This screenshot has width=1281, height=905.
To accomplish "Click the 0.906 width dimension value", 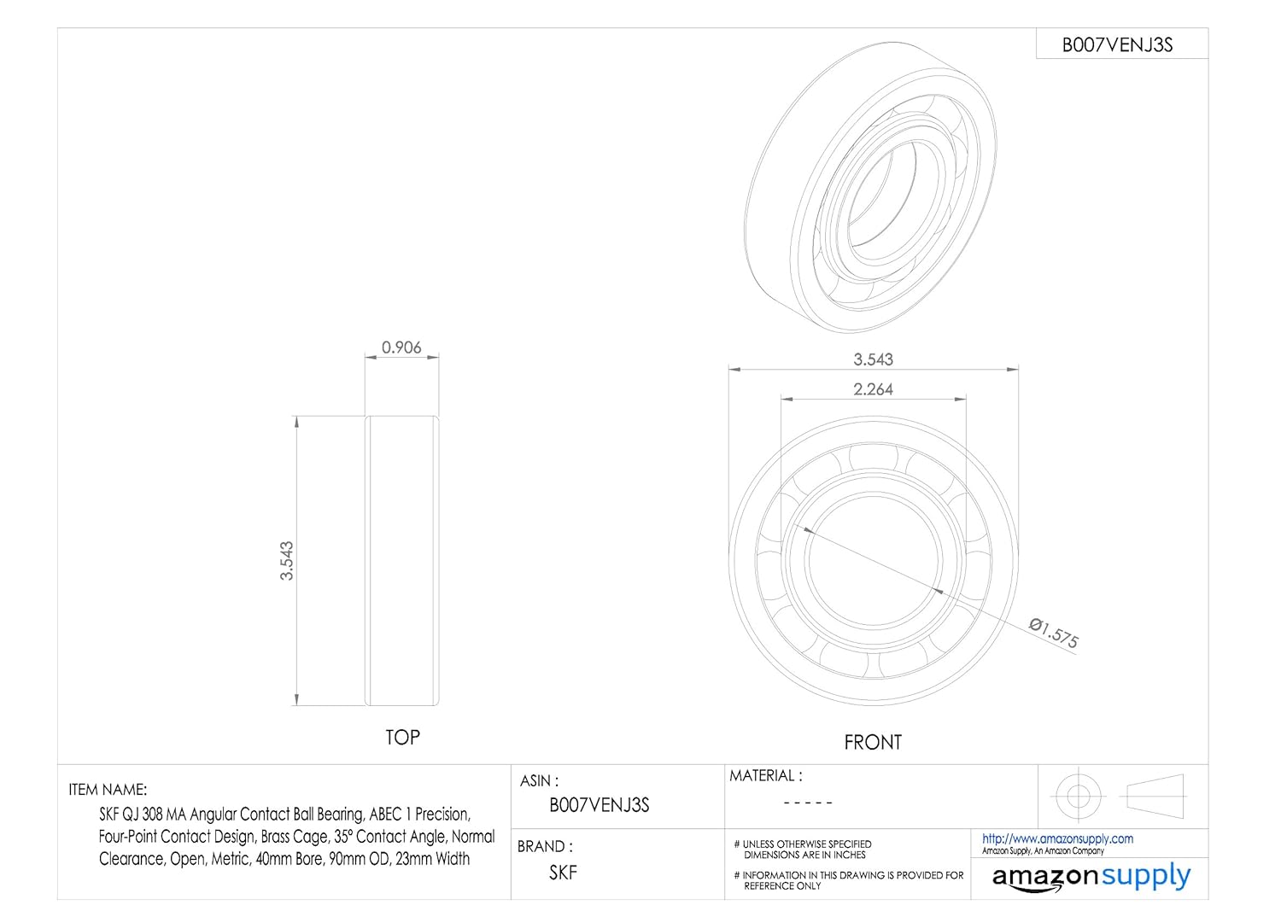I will (401, 347).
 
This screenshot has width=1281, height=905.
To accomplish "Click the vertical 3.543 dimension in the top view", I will (287, 560).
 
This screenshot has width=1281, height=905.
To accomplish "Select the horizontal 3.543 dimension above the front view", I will (873, 359).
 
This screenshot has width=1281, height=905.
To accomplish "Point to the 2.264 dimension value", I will (873, 389).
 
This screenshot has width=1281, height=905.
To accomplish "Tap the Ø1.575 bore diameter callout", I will (1054, 633).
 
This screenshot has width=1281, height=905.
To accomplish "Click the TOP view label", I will (402, 738).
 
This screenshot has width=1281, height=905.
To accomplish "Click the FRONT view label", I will (872, 743).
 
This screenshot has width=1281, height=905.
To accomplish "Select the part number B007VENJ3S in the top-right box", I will (1117, 45).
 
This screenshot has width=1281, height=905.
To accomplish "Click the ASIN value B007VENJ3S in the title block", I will (599, 805).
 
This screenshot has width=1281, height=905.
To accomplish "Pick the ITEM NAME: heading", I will (108, 790).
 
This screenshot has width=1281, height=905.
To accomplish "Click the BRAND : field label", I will (545, 847).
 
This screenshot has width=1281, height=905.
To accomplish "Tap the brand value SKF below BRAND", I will (563, 873).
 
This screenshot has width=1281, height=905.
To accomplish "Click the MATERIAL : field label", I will (765, 776).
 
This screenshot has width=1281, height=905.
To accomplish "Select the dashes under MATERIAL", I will (807, 803).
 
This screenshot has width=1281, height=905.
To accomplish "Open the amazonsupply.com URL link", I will (1057, 839).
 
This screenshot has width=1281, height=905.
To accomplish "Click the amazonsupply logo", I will (1091, 877).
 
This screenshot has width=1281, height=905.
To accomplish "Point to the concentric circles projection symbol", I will (1078, 796).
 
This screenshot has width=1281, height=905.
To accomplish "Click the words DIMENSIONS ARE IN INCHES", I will (804, 855).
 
